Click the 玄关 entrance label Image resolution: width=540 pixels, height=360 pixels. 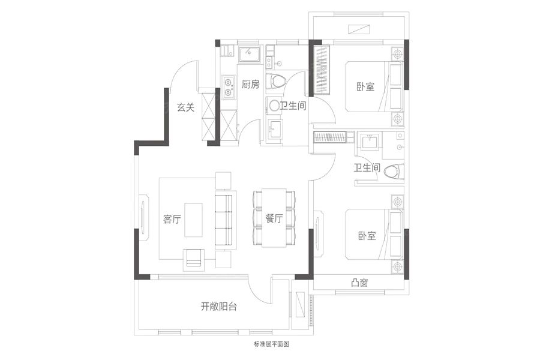[185, 108]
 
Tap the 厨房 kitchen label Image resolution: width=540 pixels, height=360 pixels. [251, 85]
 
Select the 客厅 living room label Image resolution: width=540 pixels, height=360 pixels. [172, 220]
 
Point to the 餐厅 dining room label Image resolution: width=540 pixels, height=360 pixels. [274, 220]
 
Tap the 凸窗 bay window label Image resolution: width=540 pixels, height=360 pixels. [360, 283]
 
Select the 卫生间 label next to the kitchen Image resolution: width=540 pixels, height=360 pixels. [293, 106]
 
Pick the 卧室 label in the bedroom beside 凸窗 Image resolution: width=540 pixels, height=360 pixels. [367, 236]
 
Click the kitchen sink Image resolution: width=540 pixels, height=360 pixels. [249, 55]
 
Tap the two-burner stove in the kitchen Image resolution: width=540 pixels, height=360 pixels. [228, 86]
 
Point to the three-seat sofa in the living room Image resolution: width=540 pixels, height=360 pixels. [224, 220]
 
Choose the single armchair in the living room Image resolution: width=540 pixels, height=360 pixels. [194, 257]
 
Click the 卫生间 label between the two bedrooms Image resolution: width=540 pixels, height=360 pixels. [367, 169]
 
